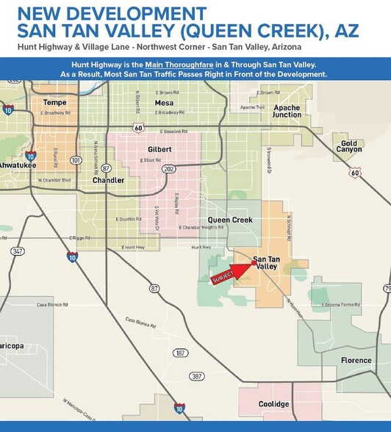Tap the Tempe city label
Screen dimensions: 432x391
click(55, 102)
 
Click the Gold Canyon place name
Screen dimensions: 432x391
click(349, 146)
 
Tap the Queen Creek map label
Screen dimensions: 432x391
click(230, 220)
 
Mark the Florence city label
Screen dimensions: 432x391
click(356, 360)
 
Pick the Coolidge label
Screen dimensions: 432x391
click(273, 404)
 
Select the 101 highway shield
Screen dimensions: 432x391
click(75, 159)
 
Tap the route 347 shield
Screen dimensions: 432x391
click(17, 251)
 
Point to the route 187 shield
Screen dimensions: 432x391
click(179, 353)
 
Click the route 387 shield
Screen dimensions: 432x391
click(196, 376)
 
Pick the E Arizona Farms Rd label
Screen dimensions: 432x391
click(340, 303)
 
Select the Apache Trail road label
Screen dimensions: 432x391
click(252, 107)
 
